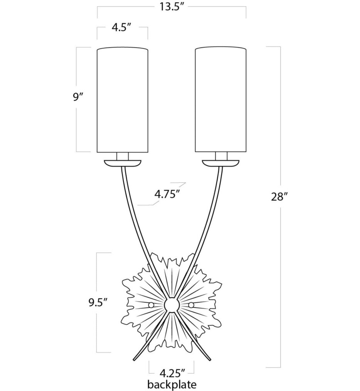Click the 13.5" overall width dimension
pyautogui.click(x=171, y=7)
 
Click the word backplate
pyautogui.click(x=171, y=384)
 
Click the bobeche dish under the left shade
pyautogui.click(x=122, y=163)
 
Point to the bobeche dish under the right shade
pyautogui.click(x=221, y=163)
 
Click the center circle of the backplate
pyautogui.click(x=171, y=305)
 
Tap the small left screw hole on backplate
pyautogui.click(x=151, y=305)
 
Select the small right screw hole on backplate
pyautogui.click(x=191, y=305)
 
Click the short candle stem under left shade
pyautogui.click(x=122, y=156)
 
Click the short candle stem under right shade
pyautogui.click(x=221, y=156)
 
